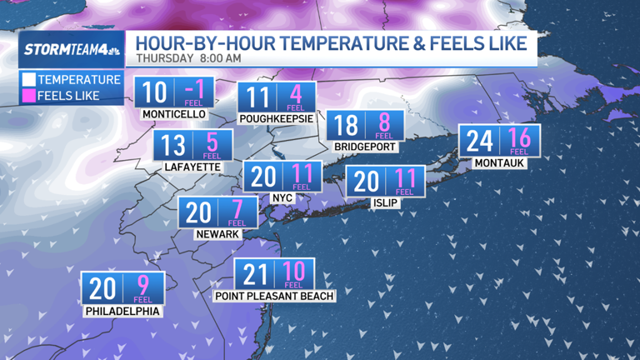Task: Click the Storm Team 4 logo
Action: point(71,49)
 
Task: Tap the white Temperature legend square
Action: point(28,80)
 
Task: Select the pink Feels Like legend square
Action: point(28,95)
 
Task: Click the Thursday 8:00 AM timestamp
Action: point(189,58)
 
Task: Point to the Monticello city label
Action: point(173,114)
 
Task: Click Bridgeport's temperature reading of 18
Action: point(346,125)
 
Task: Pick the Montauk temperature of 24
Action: point(479,140)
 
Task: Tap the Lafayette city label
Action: point(192,167)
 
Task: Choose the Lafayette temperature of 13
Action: point(172,146)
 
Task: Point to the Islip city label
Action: point(386,202)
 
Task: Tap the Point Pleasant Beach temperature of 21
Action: point(256,274)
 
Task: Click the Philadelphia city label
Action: point(122,311)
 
